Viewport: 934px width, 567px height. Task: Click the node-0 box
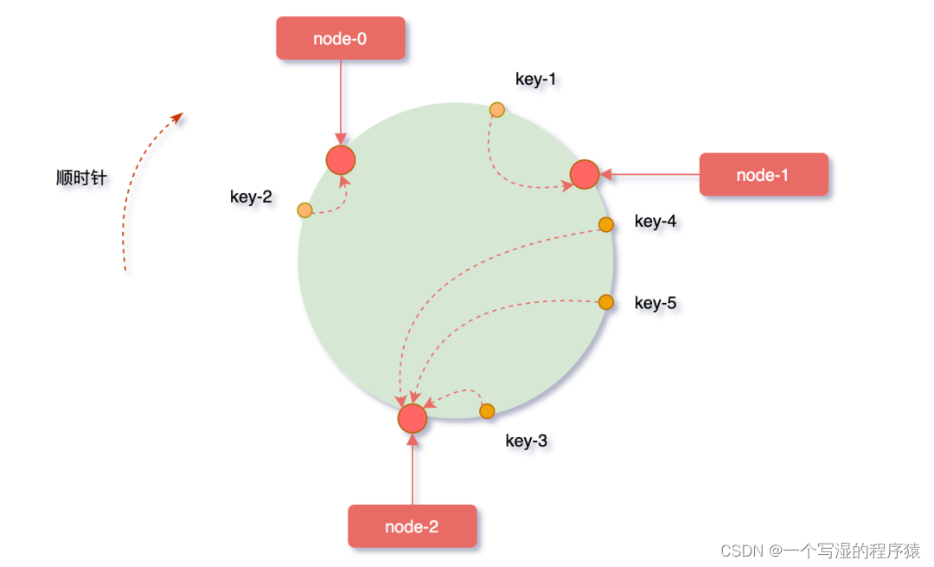point(341,38)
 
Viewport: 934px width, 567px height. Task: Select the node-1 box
point(763,175)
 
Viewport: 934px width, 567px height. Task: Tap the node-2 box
point(412,526)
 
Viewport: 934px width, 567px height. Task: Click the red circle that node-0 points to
point(341,159)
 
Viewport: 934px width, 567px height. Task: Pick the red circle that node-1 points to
point(585,174)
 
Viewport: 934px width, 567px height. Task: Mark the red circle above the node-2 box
point(413,418)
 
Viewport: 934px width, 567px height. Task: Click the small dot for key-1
point(497,109)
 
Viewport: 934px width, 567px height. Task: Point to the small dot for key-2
point(304,209)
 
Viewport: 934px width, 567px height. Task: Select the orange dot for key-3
point(487,411)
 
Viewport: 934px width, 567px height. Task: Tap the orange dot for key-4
point(606,224)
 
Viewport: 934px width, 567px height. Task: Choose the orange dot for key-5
point(606,302)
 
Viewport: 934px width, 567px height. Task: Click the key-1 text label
point(536,80)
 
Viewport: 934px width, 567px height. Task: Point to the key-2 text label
point(251,197)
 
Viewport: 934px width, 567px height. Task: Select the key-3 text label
point(526,441)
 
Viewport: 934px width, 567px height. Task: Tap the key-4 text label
point(656,222)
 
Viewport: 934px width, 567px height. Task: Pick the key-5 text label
point(656,303)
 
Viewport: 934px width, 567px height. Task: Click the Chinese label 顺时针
point(81,178)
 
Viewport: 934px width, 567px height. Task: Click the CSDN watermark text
point(820,551)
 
